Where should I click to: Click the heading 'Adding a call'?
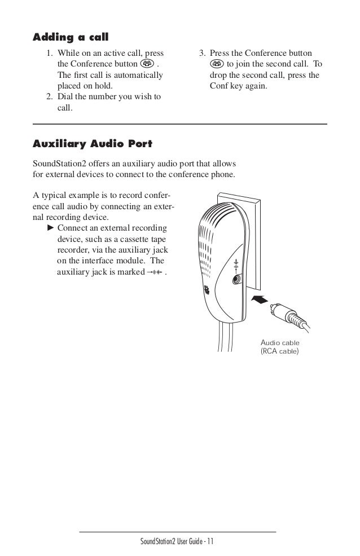coord(71,38)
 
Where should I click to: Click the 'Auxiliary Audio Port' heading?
coord(93,144)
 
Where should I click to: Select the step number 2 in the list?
coord(50,97)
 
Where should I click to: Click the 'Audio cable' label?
coord(280,342)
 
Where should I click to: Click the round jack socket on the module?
coord(236,278)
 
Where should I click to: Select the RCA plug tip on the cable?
coord(275,307)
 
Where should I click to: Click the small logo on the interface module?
coord(206,292)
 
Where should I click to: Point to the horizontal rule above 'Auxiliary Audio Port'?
coord(180,123)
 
